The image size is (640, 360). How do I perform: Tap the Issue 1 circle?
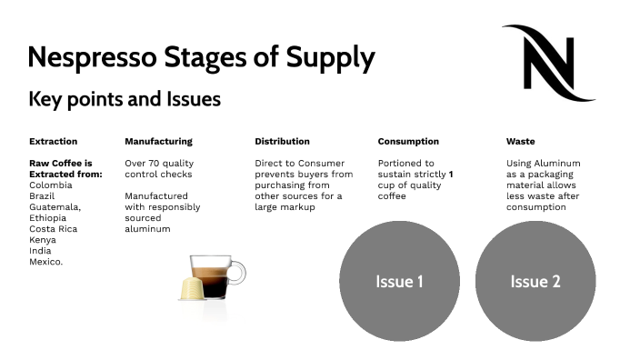[x=399, y=281]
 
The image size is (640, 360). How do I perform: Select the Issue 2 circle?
[x=535, y=281]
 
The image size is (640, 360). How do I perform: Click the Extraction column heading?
[x=53, y=142]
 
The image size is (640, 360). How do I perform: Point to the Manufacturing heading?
[x=158, y=142]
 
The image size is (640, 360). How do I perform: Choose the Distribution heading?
[x=282, y=142]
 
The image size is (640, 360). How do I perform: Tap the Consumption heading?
[x=408, y=142]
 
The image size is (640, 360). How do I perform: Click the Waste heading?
[x=520, y=142]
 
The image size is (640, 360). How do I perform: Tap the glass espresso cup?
[x=218, y=276]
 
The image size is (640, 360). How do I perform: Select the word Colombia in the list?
[x=51, y=185]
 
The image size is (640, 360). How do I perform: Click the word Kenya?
[x=43, y=239]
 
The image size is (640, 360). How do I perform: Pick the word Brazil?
[x=44, y=196]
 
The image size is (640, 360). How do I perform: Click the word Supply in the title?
[x=330, y=58]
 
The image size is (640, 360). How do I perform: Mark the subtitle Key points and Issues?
[x=125, y=99]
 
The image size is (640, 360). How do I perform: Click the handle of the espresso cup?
[x=238, y=272]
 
